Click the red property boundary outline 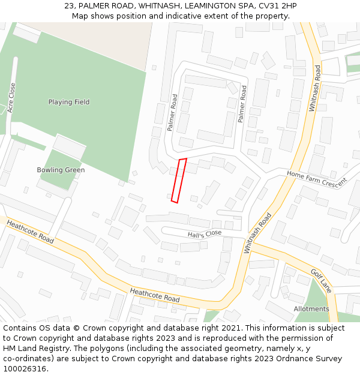coord(179,180)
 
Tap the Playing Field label coord(69,102)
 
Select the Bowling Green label coord(61,170)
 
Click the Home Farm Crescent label coord(317,178)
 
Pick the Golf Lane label coord(321,281)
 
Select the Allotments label coord(311,309)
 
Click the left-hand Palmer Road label coord(173,113)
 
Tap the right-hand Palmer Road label coord(242,104)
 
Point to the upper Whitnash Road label coord(314,88)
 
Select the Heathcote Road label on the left coord(30,232)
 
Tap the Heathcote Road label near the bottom coord(155,294)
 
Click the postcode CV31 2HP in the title coord(277,6)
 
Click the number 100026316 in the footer coord(25,368)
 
